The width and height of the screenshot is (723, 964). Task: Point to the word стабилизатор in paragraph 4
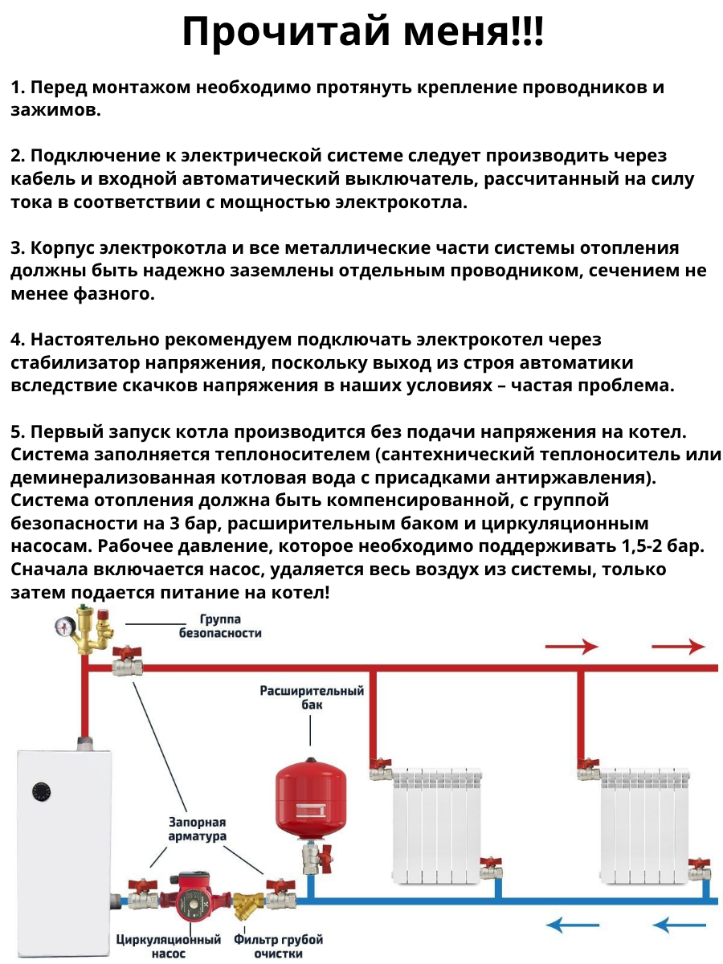point(72,362)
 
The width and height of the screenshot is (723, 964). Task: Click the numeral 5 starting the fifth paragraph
point(16,431)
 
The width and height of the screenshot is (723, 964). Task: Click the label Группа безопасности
point(220,626)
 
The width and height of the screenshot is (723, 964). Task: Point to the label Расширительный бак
point(312,697)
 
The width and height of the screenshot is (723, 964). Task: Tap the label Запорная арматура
point(197,829)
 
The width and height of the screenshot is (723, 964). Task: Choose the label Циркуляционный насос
point(169,946)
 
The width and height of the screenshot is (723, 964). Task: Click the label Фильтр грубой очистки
point(278,946)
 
